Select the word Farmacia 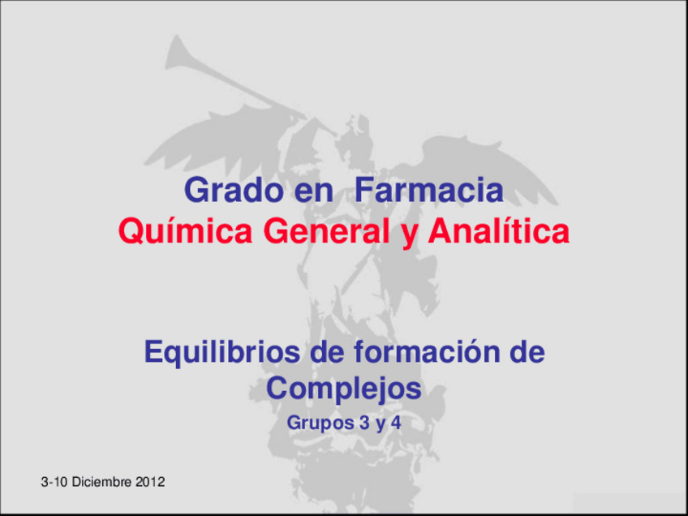(429, 192)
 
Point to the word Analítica (497, 233)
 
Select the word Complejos (344, 389)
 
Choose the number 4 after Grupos (396, 423)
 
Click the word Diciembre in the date (102, 483)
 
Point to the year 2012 (151, 483)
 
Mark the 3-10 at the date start (55, 483)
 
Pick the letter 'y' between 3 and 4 (372, 424)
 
